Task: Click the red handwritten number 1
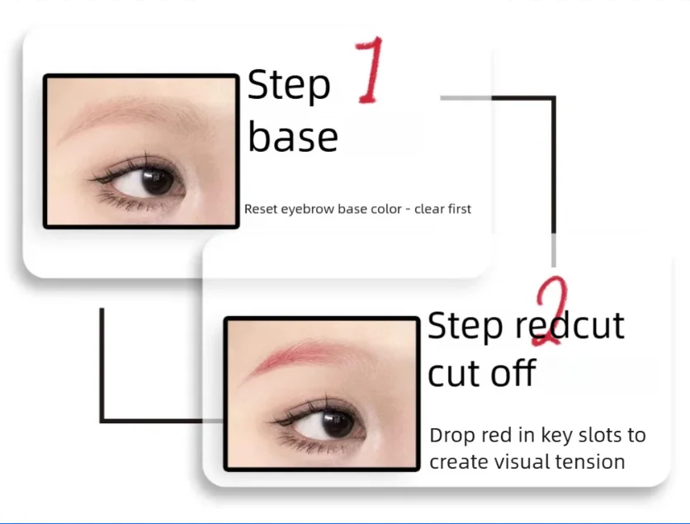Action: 370,70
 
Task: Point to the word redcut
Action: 569,326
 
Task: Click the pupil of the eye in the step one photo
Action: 157,181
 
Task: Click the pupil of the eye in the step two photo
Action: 337,423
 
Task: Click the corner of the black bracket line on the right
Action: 554,97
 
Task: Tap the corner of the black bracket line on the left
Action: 102,421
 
